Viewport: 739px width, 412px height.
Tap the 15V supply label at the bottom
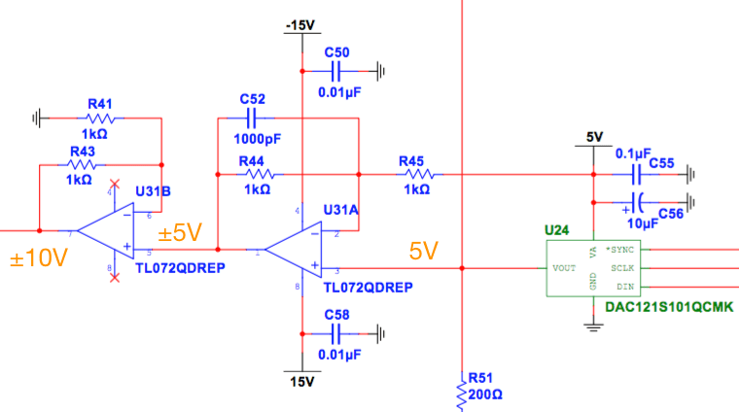click(x=302, y=382)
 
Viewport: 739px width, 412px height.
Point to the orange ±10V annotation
click(x=39, y=259)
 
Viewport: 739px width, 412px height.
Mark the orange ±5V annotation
click(x=180, y=232)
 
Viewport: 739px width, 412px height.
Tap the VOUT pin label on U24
click(x=565, y=267)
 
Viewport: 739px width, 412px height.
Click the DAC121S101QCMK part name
click(x=667, y=307)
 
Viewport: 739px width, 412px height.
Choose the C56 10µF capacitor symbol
click(x=638, y=203)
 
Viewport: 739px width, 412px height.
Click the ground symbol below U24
click(x=594, y=326)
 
